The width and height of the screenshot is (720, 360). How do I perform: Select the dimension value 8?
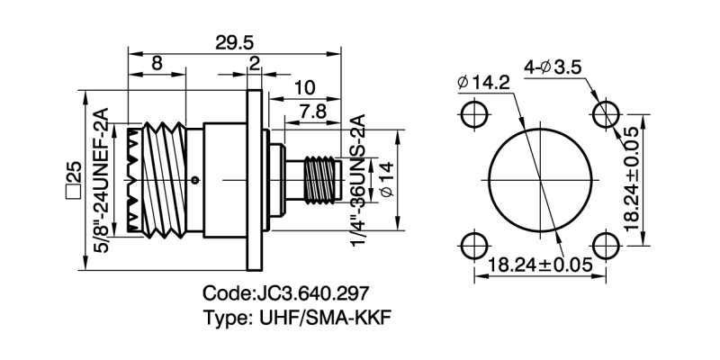tap(157, 64)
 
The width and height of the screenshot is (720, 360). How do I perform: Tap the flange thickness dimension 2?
tap(255, 64)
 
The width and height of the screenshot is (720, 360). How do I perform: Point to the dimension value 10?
tap(303, 87)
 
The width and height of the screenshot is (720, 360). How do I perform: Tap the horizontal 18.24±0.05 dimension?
tap(540, 265)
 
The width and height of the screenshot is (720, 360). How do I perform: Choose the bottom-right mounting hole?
tap(606, 245)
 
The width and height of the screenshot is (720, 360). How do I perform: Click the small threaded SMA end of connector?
tap(319, 179)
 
